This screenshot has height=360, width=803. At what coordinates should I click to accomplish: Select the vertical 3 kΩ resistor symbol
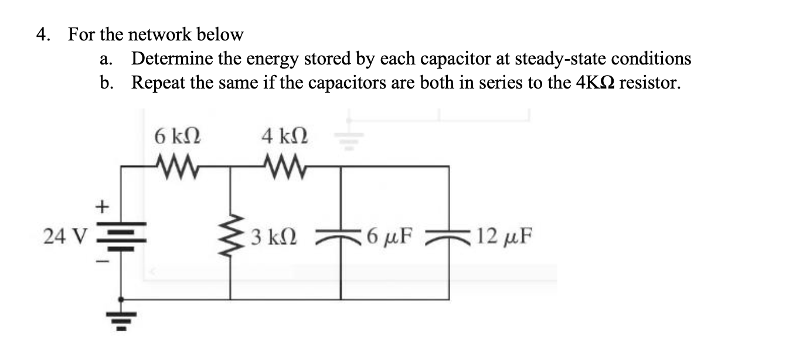[230, 237]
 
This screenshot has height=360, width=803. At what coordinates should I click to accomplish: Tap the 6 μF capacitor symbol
[341, 236]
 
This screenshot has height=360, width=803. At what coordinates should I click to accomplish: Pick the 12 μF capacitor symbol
[450, 236]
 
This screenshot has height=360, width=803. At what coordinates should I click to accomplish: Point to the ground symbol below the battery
[121, 318]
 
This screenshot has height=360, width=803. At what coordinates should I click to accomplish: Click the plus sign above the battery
[103, 207]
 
